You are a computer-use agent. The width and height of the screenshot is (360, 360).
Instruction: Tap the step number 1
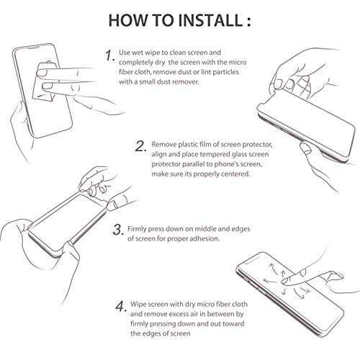[108, 55]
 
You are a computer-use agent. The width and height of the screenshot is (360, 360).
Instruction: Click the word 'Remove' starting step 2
[165, 145]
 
